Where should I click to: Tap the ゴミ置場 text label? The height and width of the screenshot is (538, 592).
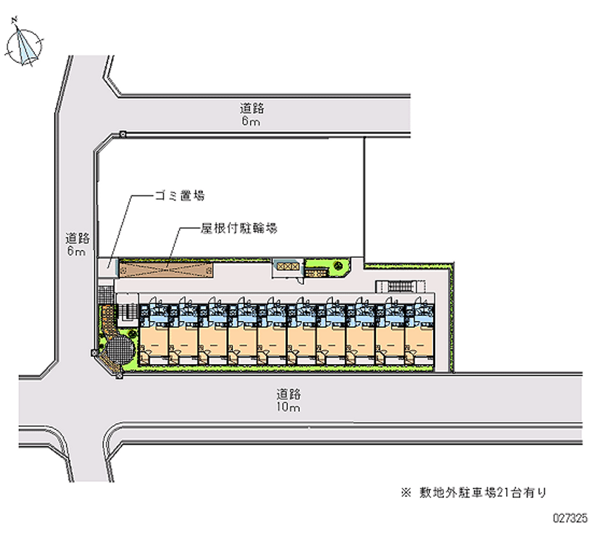pos(179,196)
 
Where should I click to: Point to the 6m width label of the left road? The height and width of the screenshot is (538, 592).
pos(76,252)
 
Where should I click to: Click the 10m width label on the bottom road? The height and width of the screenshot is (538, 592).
pos(287,408)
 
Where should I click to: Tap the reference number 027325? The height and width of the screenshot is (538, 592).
pos(569,519)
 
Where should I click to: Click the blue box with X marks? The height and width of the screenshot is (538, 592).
pos(287,264)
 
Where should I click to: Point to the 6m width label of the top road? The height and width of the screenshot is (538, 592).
pos(250,121)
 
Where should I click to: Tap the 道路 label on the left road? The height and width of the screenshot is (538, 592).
pos(77,238)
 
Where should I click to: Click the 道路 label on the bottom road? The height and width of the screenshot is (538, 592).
pos(287,394)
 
